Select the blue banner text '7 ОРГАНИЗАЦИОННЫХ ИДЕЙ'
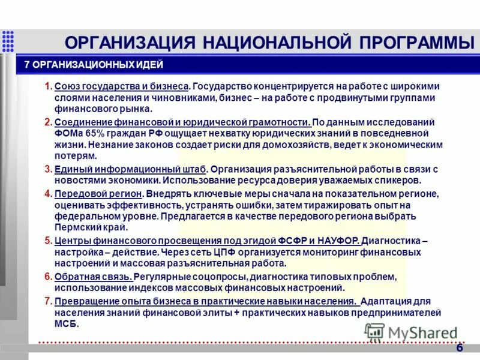coord(94,65)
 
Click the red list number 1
coord(49,86)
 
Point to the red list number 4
coord(49,194)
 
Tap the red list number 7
coord(49,301)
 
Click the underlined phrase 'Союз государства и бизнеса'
coord(122,86)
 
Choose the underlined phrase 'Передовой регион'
coord(98,194)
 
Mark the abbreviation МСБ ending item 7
coord(65,323)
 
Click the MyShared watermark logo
coord(411,332)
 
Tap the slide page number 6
coord(460,348)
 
